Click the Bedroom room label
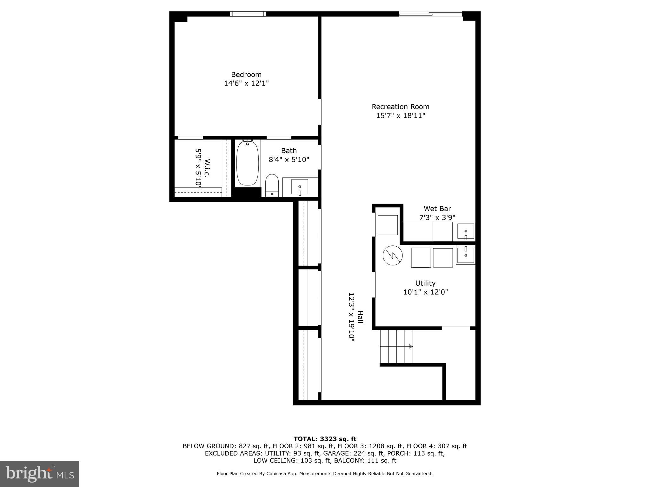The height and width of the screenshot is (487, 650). (246, 75)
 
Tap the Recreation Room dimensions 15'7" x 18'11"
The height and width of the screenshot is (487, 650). (401, 116)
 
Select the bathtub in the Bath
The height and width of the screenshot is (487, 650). (247, 164)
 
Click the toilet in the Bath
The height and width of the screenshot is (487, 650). (272, 185)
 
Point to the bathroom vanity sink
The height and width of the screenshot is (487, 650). (300, 186)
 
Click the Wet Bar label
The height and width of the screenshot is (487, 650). (437, 209)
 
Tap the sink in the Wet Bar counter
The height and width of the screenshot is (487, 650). (466, 231)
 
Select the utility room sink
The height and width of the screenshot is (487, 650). (466, 255)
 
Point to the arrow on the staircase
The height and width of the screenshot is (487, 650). (411, 347)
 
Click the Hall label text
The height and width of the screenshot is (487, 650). (360, 317)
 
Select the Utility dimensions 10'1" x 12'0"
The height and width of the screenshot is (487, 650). (425, 292)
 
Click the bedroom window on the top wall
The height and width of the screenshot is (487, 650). (248, 14)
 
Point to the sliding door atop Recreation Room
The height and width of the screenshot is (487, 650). (430, 14)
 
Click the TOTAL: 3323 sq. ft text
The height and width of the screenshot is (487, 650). (325, 439)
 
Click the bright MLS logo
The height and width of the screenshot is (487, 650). (40, 474)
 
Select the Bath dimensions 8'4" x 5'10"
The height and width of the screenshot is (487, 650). (289, 159)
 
